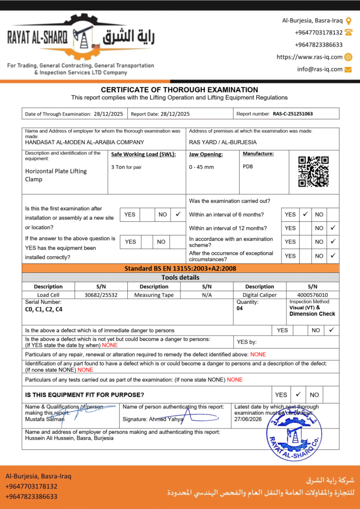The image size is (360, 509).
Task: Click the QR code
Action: tap(313, 171)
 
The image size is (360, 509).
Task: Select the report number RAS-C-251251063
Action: tap(293, 114)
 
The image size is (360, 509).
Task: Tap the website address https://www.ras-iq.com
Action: tap(309, 57)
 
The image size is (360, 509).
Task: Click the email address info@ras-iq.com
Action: tap(320, 69)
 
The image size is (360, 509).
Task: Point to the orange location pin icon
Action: tap(349, 21)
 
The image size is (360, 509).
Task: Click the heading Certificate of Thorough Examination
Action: tap(180, 90)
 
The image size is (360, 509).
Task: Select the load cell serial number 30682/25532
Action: tap(101, 295)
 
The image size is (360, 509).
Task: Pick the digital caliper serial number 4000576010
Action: tap(312, 295)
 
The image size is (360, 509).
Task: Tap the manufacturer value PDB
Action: tap(248, 167)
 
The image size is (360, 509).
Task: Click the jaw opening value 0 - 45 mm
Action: tap(201, 167)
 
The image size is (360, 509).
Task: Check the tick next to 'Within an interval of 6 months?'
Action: tap(305, 214)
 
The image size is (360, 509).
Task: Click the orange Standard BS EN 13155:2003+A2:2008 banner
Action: tap(180, 268)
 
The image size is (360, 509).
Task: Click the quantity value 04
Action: tap(241, 308)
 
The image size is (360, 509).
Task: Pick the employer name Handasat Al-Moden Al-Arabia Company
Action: tap(84, 142)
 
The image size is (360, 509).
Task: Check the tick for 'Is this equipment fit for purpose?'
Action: tap(298, 395)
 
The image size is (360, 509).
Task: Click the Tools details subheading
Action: tap(180, 277)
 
